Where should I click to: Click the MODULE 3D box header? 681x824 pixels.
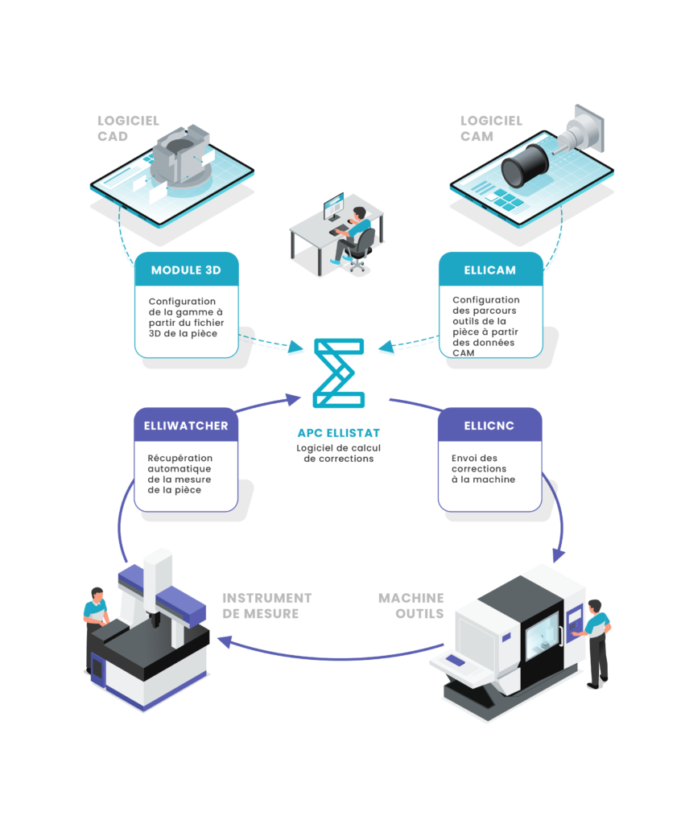point(186,270)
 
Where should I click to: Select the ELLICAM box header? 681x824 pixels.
point(490,270)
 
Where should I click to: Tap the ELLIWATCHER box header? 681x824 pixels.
point(186,425)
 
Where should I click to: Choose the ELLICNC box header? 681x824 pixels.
point(489,425)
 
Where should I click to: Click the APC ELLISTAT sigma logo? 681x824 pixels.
point(339,373)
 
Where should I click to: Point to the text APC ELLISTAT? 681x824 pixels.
point(339,433)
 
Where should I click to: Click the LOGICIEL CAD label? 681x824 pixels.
point(128,129)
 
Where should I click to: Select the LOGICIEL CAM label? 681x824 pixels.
point(491,129)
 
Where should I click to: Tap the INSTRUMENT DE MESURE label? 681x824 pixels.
point(266,606)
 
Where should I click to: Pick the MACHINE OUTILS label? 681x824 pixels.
point(411,606)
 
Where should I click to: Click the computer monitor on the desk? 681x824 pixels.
point(333,207)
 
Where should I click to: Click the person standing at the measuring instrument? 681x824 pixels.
point(95,628)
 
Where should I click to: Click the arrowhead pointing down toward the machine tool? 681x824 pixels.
point(559,555)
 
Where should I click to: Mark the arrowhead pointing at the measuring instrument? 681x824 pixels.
point(225,641)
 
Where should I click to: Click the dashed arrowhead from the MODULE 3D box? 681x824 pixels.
point(296,347)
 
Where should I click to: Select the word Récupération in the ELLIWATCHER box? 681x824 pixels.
point(180,458)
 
